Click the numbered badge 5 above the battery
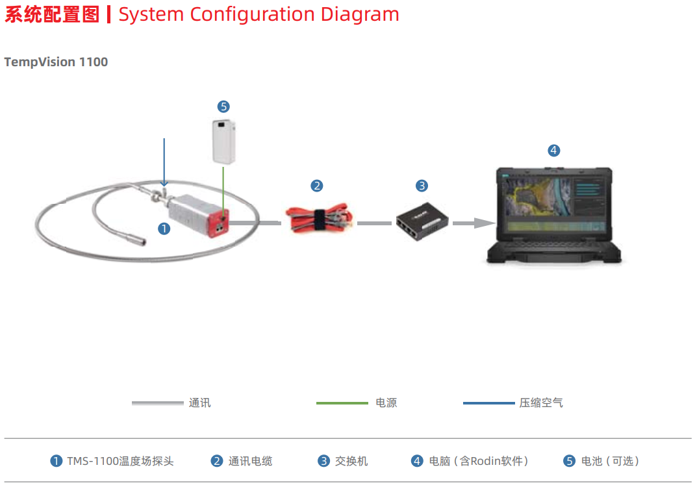tap(223, 106)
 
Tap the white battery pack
tap(224, 142)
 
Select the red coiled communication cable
tap(319, 217)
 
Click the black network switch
tap(422, 221)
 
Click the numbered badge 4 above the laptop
tap(553, 151)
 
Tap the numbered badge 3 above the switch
tap(422, 186)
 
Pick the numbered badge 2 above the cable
tap(316, 186)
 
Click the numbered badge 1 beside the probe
tap(164, 229)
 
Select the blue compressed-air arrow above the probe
tap(164, 162)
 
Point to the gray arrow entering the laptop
tap(474, 223)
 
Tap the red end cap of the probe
tap(220, 224)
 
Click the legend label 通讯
tap(200, 403)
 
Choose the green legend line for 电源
tap(342, 403)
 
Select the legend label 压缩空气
tap(541, 403)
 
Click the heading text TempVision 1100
tap(56, 62)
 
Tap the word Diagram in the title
tap(360, 14)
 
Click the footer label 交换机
tap(351, 461)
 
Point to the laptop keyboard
tap(554, 246)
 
